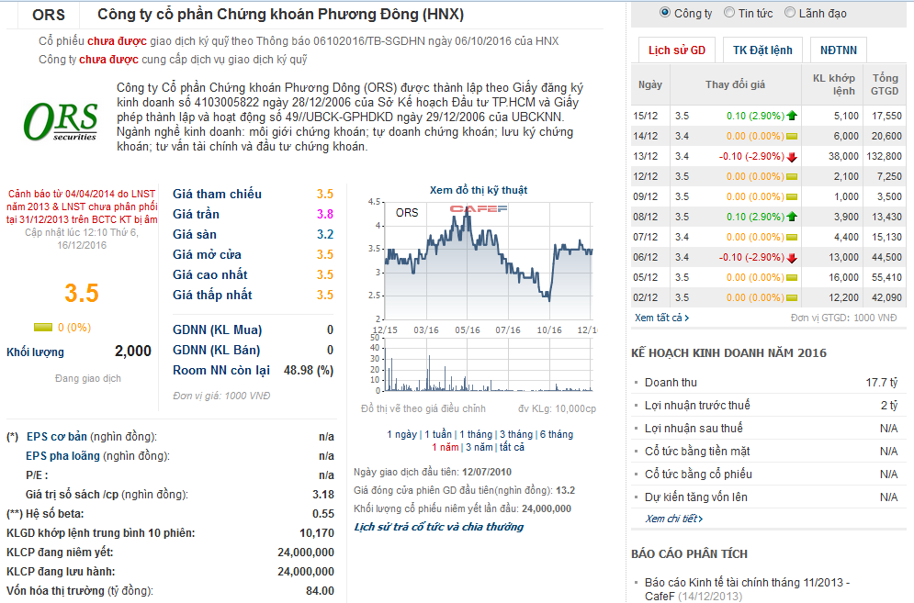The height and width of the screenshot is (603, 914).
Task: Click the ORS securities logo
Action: pyautogui.click(x=61, y=121)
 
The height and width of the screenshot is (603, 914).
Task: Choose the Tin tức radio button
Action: pyautogui.click(x=729, y=13)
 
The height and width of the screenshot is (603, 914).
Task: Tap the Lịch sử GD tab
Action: pyautogui.click(x=677, y=50)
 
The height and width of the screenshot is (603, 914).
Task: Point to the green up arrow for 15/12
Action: pyautogui.click(x=792, y=116)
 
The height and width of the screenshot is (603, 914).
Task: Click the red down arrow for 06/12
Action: pyautogui.click(x=792, y=257)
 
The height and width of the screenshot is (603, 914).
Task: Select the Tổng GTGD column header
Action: pyautogui.click(x=885, y=84)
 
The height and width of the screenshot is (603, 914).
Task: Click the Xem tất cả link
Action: pyautogui.click(x=661, y=318)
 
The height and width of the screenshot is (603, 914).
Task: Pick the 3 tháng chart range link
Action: pyautogui.click(x=513, y=434)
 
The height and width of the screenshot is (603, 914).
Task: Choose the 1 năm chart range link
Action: pyautogui.click(x=446, y=447)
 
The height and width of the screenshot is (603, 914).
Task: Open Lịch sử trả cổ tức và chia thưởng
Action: pyautogui.click(x=438, y=527)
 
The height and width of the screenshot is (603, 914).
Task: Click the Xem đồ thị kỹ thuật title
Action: pyautogui.click(x=478, y=190)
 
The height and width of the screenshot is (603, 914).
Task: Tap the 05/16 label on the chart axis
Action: pyautogui.click(x=467, y=329)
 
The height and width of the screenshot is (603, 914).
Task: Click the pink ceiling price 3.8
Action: pyautogui.click(x=324, y=214)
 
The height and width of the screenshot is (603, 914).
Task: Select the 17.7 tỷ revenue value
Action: pyautogui.click(x=881, y=383)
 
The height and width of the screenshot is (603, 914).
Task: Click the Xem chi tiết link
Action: pyautogui.click(x=673, y=519)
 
